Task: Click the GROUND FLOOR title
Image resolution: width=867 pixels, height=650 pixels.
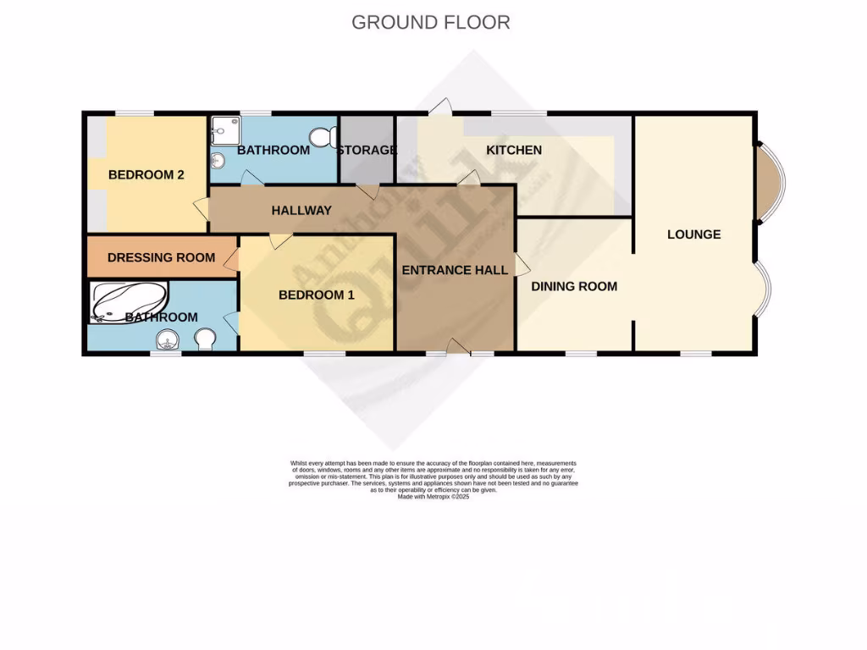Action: (x=430, y=22)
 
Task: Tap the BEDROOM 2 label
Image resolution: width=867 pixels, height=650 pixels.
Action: (x=146, y=175)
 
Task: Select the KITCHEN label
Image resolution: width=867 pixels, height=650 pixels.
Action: (x=513, y=150)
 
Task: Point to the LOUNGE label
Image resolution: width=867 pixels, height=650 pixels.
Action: (x=693, y=234)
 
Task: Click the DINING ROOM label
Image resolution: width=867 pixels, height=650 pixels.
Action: (x=574, y=286)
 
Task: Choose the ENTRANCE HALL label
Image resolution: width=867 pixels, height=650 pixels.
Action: (x=455, y=270)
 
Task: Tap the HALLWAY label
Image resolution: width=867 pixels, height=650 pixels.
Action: (x=301, y=210)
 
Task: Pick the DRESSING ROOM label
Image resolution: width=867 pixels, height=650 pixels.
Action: (x=161, y=257)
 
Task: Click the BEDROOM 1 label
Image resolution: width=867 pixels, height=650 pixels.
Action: (x=317, y=295)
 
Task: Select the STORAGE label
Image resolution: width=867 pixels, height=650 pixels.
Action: (x=367, y=150)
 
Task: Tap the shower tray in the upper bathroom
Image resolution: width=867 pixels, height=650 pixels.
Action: (x=224, y=129)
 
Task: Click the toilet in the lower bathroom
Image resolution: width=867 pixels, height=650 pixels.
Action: (x=205, y=339)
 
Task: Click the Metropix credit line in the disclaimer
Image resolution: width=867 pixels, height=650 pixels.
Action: (x=433, y=497)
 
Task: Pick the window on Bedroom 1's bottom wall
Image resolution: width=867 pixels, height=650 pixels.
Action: (x=324, y=352)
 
